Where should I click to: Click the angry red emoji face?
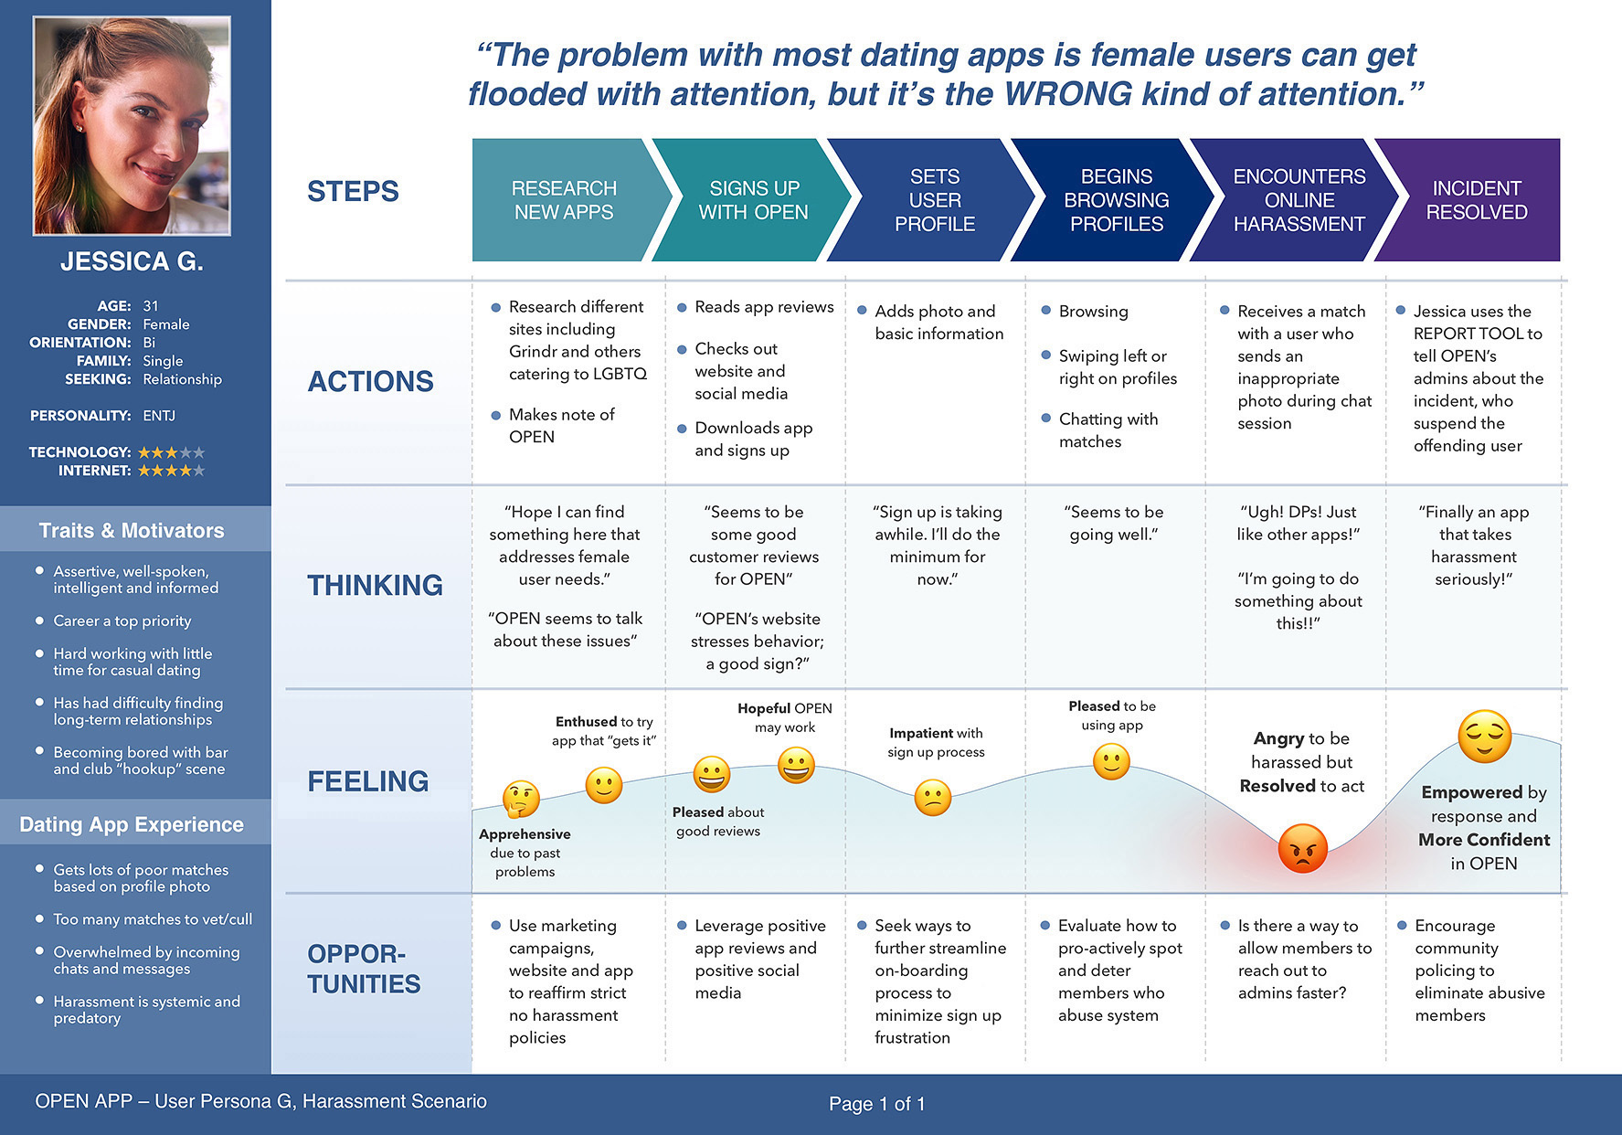coord(1302,848)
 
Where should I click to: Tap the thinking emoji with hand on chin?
coord(521,799)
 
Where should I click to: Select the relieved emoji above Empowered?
coord(1484,737)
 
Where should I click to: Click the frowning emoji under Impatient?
coord(933,797)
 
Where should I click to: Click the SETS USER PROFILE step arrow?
coord(931,200)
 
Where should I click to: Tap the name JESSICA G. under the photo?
coord(132,262)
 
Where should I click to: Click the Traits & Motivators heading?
coord(132,531)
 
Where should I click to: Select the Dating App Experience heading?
coord(132,825)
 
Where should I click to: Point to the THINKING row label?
coord(375,586)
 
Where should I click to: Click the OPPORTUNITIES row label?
coord(364,969)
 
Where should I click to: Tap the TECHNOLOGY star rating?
coord(172,452)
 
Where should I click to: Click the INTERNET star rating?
coord(172,471)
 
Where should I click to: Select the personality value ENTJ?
coord(159,416)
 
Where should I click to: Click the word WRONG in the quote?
coord(1068,94)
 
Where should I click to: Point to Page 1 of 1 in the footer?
coord(876,1104)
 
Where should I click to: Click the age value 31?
coord(151,306)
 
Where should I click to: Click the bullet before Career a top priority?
coord(39,621)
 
